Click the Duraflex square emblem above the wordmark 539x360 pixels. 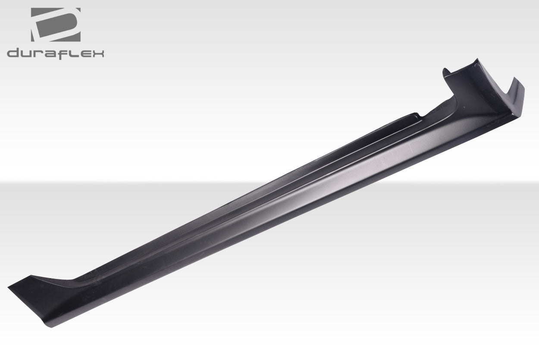[56, 25]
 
